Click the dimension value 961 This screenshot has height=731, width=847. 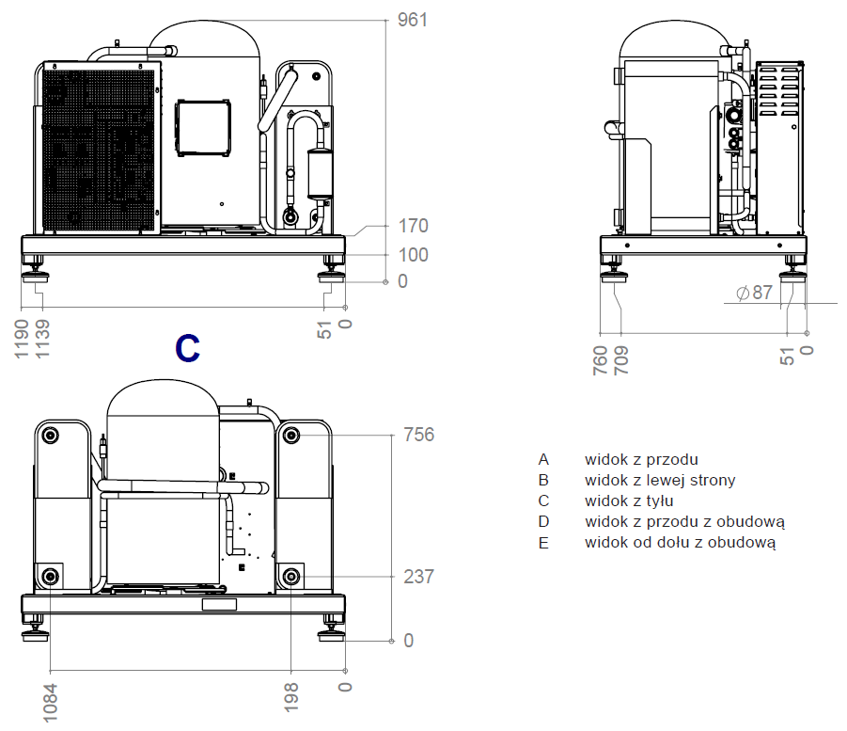click(412, 19)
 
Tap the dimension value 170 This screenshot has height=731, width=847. click(412, 226)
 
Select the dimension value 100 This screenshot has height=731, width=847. click(412, 254)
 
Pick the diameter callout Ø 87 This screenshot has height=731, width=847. click(755, 293)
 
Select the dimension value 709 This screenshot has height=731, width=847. click(621, 360)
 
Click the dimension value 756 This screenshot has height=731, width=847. click(418, 435)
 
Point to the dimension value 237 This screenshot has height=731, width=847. click(418, 576)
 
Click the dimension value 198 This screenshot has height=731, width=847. click(292, 696)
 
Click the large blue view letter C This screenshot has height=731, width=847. click(188, 348)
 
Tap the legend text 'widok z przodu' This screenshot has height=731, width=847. click(641, 459)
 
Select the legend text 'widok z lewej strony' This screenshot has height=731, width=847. click(660, 480)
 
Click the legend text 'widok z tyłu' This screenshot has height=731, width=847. click(629, 501)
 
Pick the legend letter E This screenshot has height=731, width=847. click(543, 542)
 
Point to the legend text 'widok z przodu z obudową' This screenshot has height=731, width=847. click(684, 521)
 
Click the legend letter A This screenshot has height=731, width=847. click(543, 459)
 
